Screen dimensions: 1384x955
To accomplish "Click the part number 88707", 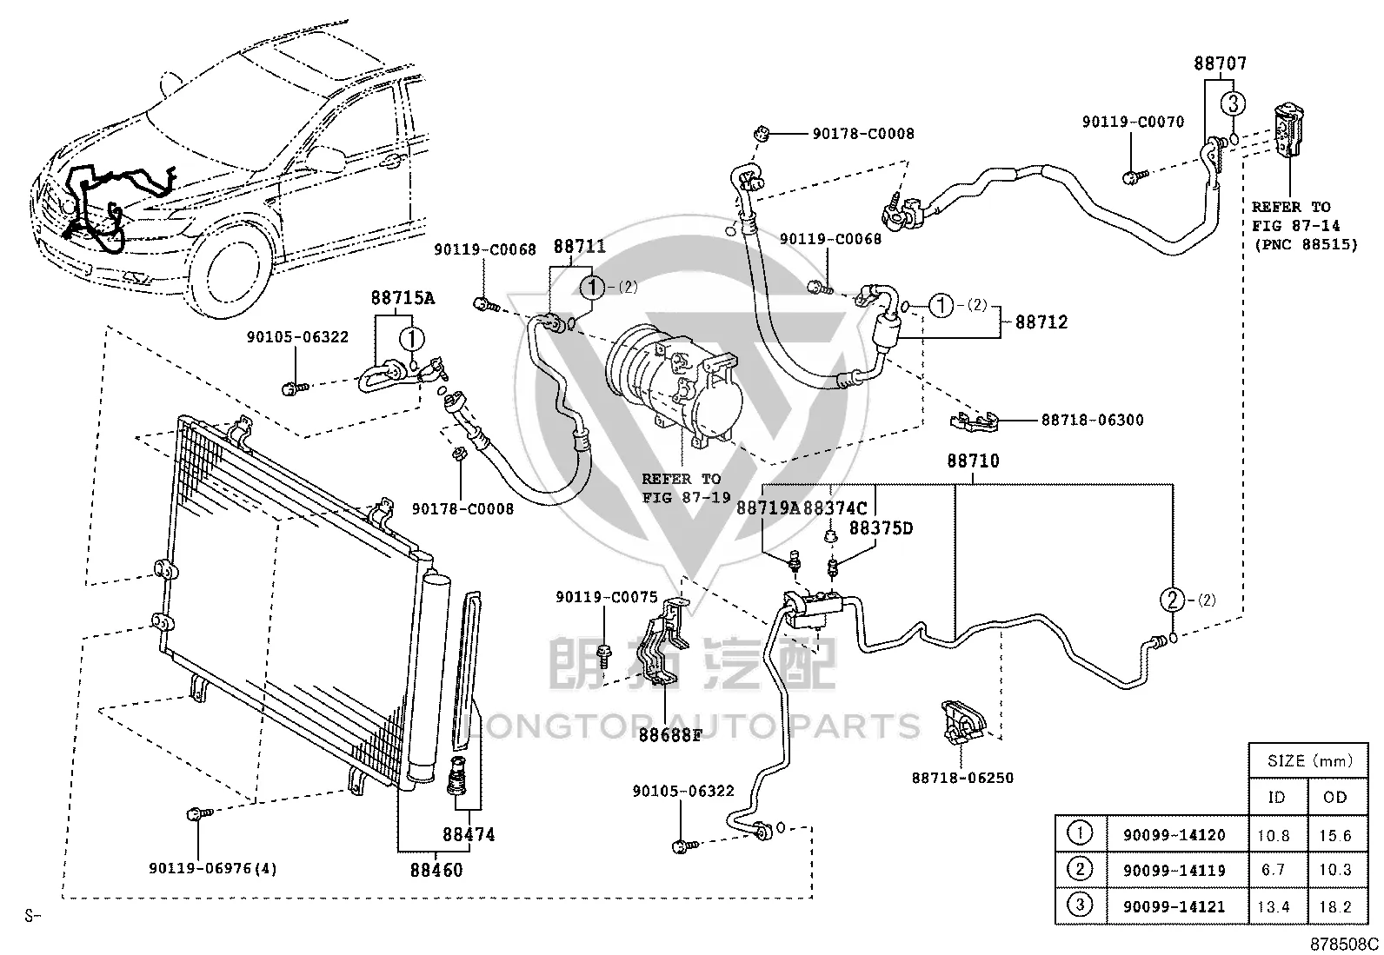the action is (1221, 63).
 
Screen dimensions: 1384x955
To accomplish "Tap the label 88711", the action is (580, 247).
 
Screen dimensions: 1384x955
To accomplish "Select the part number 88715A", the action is (403, 298).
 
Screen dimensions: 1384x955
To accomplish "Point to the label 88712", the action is (1041, 322).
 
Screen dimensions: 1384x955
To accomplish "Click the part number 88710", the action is (973, 461).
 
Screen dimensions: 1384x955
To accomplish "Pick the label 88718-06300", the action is (1093, 420).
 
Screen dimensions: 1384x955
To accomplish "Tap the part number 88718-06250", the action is (962, 778).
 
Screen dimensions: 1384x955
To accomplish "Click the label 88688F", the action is (670, 735).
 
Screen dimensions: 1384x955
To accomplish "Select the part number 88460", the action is (436, 871).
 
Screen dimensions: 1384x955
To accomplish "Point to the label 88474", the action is (469, 835).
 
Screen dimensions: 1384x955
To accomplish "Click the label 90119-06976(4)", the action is (212, 868).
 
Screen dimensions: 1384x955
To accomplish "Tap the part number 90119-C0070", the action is (1133, 122).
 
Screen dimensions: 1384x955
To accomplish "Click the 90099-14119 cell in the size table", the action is (1174, 871).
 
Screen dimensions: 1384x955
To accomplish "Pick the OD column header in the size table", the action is (1334, 798).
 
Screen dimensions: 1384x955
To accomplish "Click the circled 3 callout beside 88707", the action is (1233, 103).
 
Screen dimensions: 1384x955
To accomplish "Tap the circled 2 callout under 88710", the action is (1172, 600).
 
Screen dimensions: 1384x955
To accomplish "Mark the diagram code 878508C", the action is (1345, 945).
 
